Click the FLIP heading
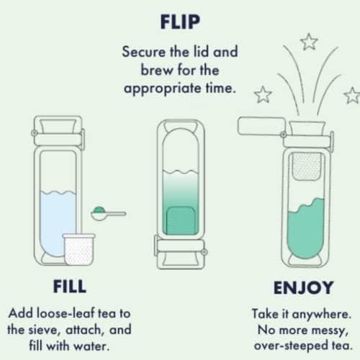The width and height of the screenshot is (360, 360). (180, 22)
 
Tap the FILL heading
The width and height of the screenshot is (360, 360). (70, 287)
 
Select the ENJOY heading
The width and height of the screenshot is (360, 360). (304, 287)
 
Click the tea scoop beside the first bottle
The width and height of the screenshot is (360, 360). (109, 214)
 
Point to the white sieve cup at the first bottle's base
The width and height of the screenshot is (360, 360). (79, 249)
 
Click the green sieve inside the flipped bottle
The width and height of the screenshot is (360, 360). (181, 220)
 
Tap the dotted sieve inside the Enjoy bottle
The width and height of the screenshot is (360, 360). (307, 166)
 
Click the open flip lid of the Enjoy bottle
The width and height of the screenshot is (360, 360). (261, 126)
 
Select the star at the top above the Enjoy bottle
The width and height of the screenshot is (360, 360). (309, 42)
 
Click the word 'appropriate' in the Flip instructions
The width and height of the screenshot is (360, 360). (163, 89)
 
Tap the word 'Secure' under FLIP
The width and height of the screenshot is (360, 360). (144, 52)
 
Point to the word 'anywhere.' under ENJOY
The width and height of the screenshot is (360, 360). (322, 315)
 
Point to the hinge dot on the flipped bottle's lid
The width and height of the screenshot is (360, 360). (204, 252)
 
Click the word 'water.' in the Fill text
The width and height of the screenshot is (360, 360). (91, 346)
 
